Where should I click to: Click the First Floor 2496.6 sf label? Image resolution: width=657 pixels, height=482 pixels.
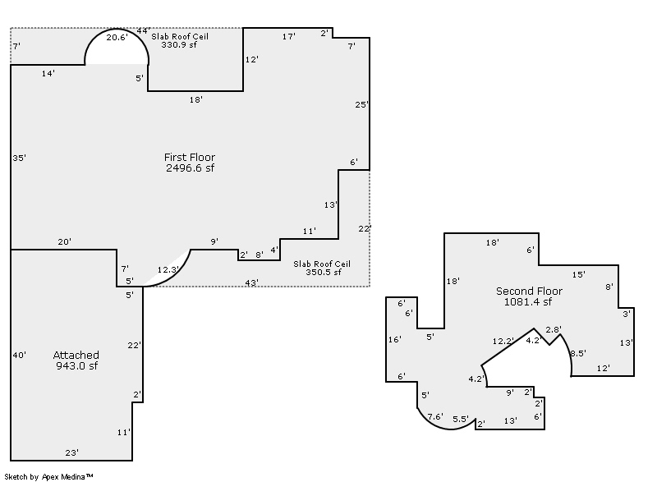[x=190, y=163]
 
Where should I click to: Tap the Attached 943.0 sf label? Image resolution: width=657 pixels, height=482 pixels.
[x=76, y=360]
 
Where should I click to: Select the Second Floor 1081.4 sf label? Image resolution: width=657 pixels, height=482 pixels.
[x=529, y=296]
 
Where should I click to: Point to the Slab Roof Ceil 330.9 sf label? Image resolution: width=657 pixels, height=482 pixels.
[x=179, y=40]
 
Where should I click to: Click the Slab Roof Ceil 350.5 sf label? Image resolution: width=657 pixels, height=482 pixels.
[x=322, y=268]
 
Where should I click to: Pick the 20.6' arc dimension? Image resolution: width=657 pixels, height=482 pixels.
[x=117, y=37]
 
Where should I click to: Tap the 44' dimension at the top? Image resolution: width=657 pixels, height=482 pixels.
[x=143, y=31]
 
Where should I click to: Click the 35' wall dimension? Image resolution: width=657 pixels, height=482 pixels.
[x=19, y=158]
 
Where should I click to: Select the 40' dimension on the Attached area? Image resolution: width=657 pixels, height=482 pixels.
[x=19, y=355]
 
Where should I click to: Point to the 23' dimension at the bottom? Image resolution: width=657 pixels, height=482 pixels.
[x=71, y=452]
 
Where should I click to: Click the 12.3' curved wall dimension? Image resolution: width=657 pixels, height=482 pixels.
[x=168, y=269]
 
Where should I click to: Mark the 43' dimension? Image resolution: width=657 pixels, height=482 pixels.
[x=251, y=282]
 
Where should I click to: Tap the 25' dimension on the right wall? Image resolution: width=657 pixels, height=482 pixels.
[x=361, y=104]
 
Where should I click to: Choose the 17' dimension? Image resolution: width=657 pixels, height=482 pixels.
[x=289, y=36]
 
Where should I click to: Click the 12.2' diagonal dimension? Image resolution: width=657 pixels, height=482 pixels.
[x=503, y=341]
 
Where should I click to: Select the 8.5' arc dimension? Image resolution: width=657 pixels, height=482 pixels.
[x=577, y=353]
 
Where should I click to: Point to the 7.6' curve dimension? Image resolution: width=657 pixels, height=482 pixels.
[x=435, y=416]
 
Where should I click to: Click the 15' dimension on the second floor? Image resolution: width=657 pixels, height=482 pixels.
[x=579, y=275]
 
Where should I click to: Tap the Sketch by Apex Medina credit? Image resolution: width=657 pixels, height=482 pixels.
[x=48, y=476]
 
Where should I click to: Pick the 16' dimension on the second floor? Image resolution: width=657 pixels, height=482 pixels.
[x=395, y=339]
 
